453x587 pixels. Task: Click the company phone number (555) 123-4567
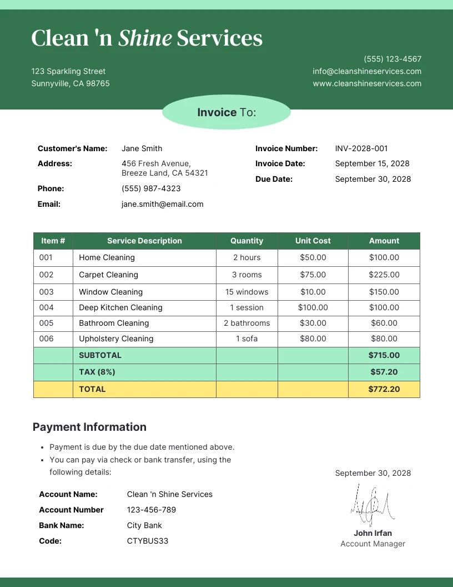392,59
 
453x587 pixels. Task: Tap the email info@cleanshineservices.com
367,71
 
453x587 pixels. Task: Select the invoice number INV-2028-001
361,148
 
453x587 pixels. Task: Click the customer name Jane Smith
142,148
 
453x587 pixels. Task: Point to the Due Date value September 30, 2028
373,179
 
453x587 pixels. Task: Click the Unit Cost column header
313,241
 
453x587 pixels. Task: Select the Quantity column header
246,241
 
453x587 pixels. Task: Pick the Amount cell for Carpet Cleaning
384,275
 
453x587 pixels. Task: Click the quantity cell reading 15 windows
246,292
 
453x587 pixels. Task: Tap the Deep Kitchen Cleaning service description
120,307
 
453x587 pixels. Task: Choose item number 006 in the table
47,339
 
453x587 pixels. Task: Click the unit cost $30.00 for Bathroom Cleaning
313,323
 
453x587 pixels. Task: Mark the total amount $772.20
384,389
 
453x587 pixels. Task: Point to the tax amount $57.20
384,372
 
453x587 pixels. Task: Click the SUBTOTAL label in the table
100,355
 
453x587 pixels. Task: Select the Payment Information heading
89,427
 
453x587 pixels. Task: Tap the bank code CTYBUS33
147,541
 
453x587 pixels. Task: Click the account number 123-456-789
151,510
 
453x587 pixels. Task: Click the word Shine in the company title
145,38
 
